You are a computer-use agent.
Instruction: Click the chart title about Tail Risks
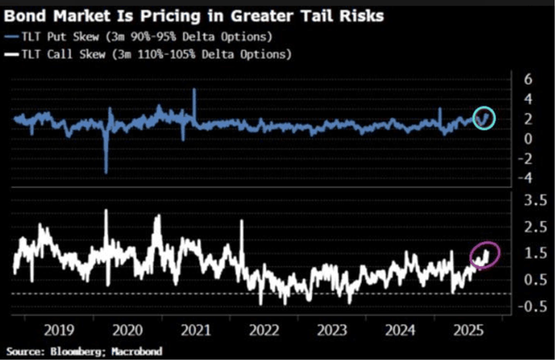tap(194, 15)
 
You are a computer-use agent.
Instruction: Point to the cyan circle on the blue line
tap(484, 117)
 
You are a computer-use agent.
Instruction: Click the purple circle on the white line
tap(485, 256)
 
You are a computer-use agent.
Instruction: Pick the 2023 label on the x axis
tap(329, 330)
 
